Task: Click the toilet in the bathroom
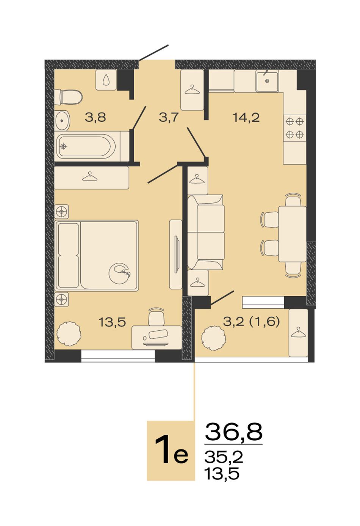click(69, 97)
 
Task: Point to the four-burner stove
click(294, 128)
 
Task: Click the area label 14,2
click(246, 118)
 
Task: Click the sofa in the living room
click(206, 232)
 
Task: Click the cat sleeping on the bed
click(120, 273)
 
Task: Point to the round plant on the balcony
click(214, 338)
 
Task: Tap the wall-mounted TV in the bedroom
click(177, 254)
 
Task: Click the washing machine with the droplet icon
click(106, 80)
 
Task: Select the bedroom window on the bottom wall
click(118, 356)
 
